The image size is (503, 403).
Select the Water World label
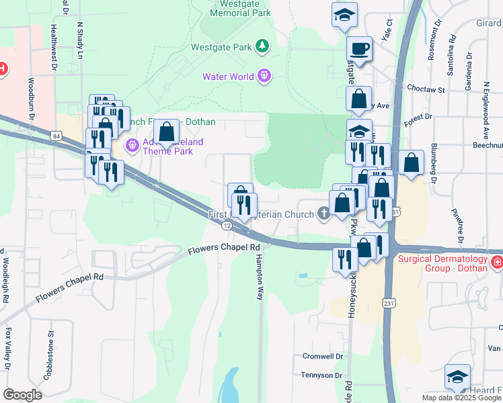pos(229,76)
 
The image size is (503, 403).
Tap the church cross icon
pos(324,214)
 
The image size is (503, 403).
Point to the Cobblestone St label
pos(50,359)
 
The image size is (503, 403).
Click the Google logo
pos(22,394)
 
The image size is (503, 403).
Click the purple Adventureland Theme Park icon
pos(132,144)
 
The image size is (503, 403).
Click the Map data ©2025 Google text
pos(461,398)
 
